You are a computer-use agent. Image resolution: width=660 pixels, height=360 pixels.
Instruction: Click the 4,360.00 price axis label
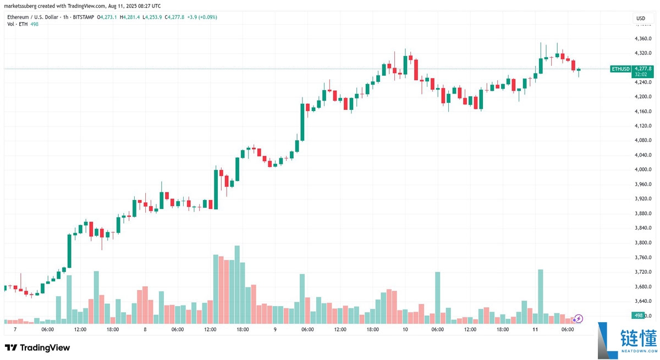pos(643,38)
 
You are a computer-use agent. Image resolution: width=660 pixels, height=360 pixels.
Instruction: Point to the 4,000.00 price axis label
pos(643,169)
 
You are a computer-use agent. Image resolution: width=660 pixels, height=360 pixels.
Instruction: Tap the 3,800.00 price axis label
pos(643,242)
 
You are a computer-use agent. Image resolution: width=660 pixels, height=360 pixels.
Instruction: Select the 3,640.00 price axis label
pos(643,301)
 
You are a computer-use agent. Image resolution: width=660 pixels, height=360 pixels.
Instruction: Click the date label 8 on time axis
pos(145,329)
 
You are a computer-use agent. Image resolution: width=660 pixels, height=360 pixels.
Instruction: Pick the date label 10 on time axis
pos(405,329)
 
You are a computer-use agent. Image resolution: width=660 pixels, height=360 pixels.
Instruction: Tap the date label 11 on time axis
pos(535,329)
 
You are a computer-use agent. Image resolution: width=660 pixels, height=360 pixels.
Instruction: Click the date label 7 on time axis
pos(15,329)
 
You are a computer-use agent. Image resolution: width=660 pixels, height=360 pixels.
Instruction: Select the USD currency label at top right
pos(641,18)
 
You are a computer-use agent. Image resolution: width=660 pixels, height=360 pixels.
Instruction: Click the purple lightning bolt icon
pos(579,318)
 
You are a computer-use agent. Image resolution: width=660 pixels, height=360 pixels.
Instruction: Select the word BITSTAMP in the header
pos(81,17)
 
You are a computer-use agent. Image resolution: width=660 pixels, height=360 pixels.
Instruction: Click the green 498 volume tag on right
pos(639,315)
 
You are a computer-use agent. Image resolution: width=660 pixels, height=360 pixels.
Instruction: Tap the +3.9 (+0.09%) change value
pos(202,17)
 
